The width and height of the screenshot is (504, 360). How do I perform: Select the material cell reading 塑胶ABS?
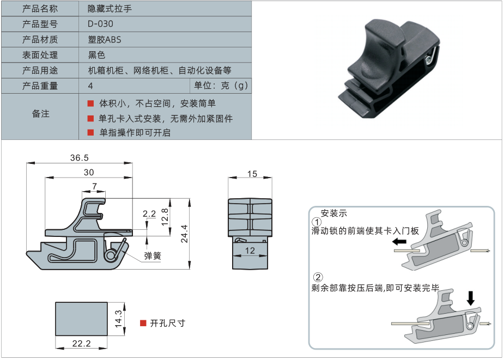coord(105,39)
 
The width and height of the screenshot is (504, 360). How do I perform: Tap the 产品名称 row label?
coord(40,9)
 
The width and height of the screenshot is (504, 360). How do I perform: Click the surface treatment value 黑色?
coord(96,54)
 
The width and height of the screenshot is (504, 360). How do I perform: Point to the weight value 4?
coord(90,86)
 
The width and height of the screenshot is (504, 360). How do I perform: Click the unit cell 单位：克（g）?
coord(221,86)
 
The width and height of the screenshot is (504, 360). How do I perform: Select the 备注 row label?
coord(40,114)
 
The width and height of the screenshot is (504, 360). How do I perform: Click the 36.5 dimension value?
coord(79,157)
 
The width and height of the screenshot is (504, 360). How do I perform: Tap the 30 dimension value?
coord(88,172)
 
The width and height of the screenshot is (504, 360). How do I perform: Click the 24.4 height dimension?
coord(184,233)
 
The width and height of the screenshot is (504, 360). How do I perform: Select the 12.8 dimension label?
coord(164,217)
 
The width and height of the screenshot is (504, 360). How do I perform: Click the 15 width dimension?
coord(252,174)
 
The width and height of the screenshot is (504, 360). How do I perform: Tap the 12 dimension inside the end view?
coord(250,250)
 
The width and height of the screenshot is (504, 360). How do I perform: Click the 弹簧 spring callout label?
coord(152,255)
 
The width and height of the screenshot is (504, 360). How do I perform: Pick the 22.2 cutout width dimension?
coord(81,344)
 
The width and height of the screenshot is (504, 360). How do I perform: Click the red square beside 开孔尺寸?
coord(143,323)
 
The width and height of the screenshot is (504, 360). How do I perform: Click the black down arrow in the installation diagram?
coord(471,297)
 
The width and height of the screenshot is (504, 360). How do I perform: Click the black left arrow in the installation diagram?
coord(400,241)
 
